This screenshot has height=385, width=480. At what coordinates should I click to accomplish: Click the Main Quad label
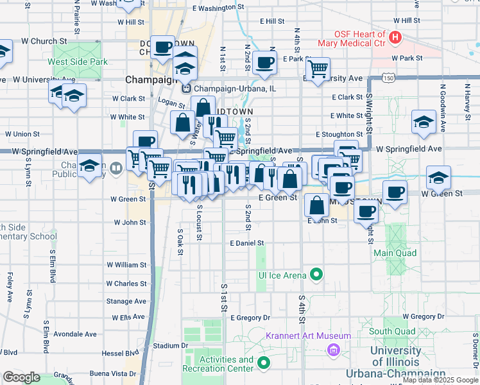click(395, 253)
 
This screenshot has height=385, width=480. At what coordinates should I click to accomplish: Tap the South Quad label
click(389, 331)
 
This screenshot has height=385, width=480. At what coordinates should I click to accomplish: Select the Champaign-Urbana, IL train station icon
click(187, 88)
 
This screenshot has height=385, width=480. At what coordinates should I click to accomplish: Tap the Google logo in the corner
click(21, 377)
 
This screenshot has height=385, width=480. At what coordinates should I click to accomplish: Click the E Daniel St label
click(247, 243)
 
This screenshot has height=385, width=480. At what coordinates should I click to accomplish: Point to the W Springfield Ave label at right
click(409, 148)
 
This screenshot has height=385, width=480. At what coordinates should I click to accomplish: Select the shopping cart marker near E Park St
click(318, 69)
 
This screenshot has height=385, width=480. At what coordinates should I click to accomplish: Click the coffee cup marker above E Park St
click(264, 62)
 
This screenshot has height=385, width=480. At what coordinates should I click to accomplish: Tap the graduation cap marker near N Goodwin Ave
click(424, 122)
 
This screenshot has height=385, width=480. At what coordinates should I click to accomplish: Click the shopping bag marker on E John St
click(316, 205)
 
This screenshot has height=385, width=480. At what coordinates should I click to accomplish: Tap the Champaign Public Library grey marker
click(116, 169)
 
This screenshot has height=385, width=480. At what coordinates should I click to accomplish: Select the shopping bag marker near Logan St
click(203, 107)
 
